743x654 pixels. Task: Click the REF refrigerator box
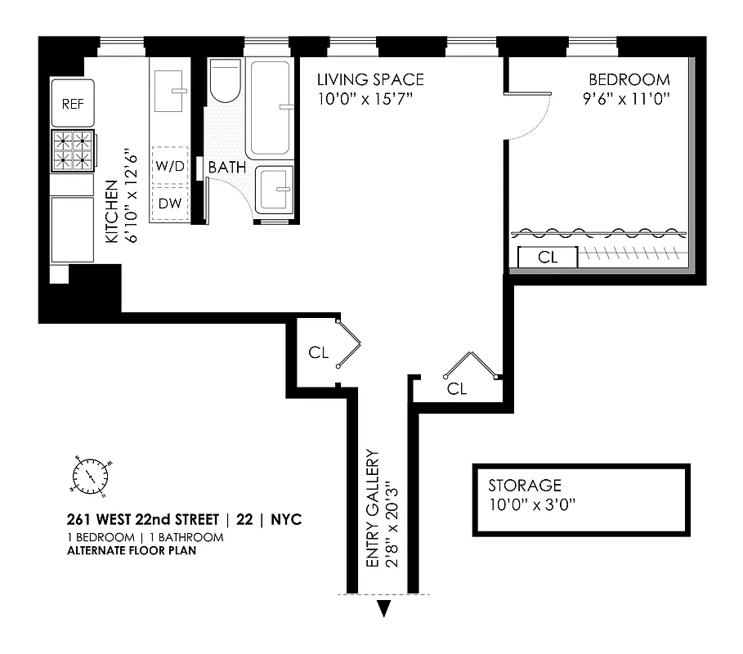(x=73, y=104)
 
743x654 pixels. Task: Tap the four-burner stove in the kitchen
(x=72, y=150)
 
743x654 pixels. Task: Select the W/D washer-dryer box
(x=170, y=167)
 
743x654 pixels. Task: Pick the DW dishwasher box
(x=170, y=203)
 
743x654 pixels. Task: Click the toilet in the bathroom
(x=225, y=81)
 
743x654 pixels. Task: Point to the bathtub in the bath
(x=271, y=108)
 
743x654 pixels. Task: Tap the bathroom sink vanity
(x=275, y=190)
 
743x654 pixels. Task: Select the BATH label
(x=227, y=168)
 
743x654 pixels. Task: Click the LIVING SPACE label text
(x=371, y=80)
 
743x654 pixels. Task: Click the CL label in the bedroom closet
(x=548, y=258)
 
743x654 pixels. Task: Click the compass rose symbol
(x=89, y=474)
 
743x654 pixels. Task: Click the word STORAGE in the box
(x=525, y=486)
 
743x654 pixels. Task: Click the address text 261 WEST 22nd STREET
(x=143, y=520)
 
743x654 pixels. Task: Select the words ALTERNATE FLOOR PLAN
(x=132, y=550)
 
